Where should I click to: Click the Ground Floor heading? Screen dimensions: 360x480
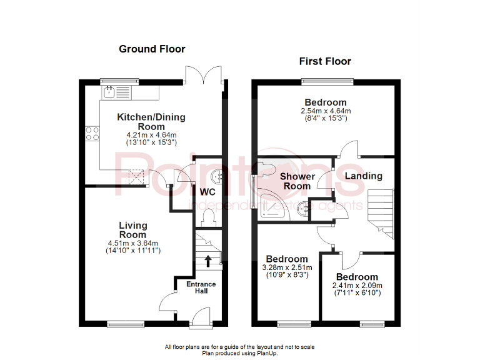tap(152, 49)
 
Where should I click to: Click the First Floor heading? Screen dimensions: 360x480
tap(325, 61)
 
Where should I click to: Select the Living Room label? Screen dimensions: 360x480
tap(133, 230)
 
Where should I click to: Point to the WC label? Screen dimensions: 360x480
tap(208, 192)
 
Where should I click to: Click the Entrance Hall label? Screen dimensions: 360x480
tap(201, 288)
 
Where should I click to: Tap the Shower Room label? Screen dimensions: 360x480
tap(296, 181)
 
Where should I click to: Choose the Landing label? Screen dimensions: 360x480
tap(363, 176)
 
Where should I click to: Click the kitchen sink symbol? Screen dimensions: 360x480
tap(110, 92)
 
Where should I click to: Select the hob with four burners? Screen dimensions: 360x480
tap(93, 132)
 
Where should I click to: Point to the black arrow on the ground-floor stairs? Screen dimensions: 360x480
tap(208, 260)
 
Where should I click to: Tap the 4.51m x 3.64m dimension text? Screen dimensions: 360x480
tap(133, 243)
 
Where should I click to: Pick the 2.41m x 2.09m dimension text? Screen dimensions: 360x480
tap(356, 286)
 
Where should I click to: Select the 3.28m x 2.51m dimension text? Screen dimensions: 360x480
tap(286, 268)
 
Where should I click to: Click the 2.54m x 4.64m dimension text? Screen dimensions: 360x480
tap(325, 111)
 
